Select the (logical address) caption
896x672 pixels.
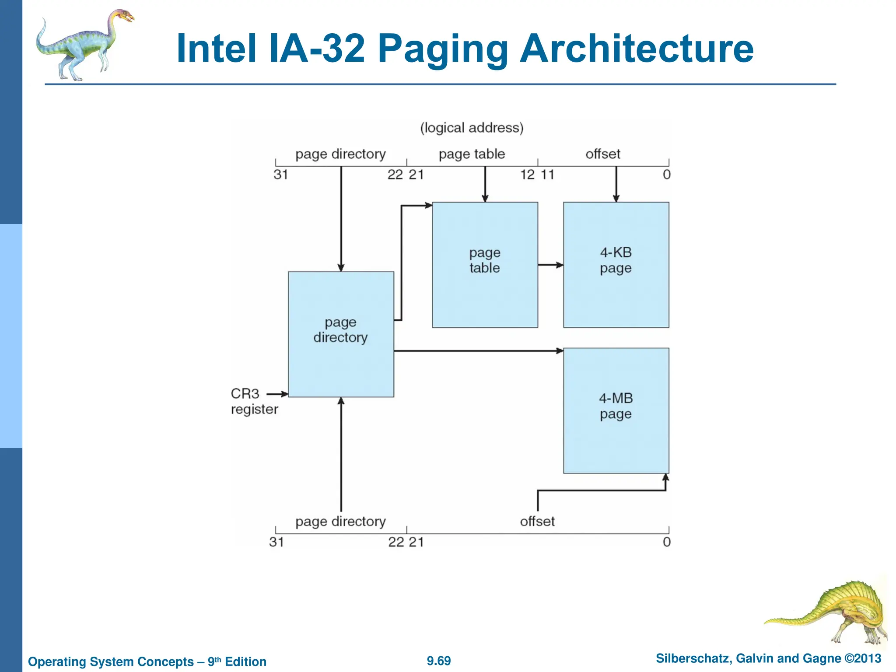[472, 128]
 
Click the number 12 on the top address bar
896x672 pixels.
[527, 175]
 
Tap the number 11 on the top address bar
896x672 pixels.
[547, 175]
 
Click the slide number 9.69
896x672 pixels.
[438, 661]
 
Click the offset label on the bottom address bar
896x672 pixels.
[537, 521]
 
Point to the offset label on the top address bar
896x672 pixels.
[602, 154]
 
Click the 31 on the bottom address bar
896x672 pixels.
[276, 542]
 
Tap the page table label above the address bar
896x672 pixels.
[472, 154]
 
